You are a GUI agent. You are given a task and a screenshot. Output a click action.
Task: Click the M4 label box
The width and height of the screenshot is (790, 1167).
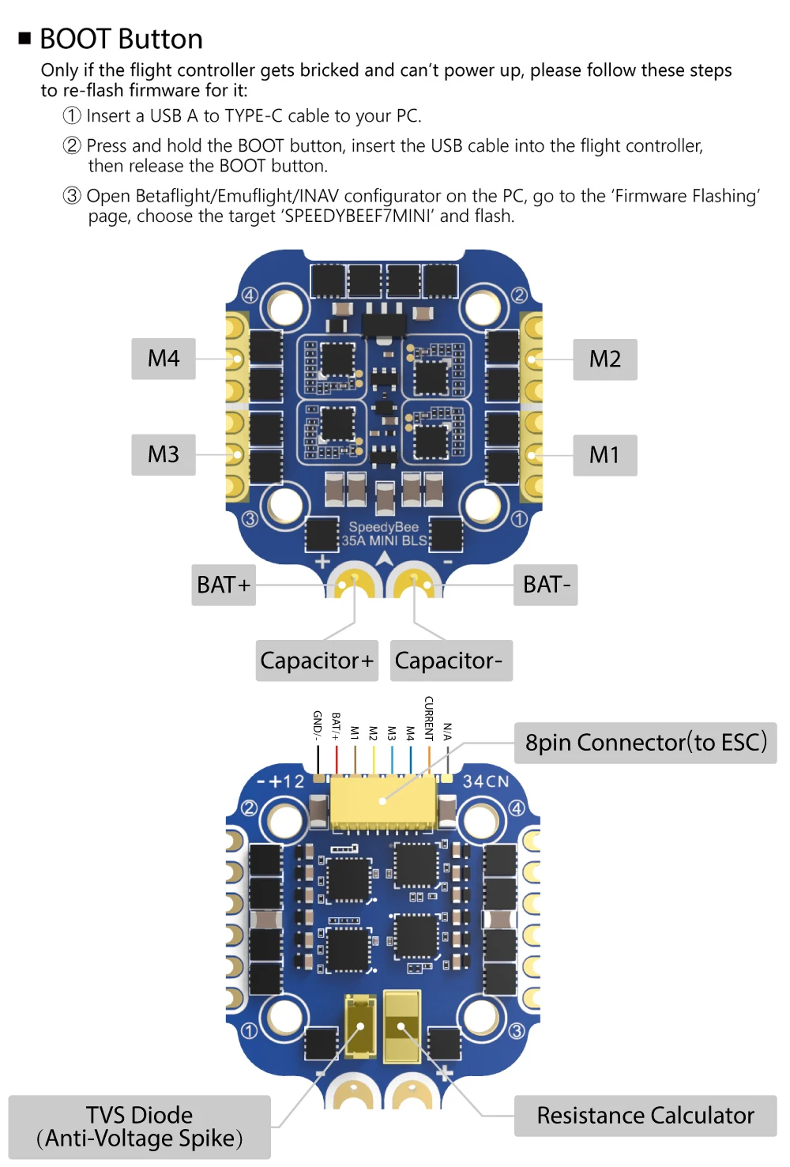164,359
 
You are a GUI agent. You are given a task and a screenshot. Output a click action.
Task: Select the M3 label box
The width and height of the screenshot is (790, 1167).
164,454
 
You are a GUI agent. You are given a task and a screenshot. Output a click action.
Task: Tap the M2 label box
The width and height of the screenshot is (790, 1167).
604,360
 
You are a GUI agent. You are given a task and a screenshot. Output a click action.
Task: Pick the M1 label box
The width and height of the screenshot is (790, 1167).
604,455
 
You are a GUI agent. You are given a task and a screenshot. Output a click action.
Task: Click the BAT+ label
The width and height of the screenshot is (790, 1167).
224,585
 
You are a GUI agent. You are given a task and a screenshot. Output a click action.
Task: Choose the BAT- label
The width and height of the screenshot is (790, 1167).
546,585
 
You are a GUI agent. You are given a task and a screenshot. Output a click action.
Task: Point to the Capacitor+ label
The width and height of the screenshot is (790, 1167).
317,661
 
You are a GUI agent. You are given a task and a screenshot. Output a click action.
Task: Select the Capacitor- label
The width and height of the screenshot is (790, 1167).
451,661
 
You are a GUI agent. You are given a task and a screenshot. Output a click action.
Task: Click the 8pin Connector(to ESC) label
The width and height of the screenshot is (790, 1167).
645,743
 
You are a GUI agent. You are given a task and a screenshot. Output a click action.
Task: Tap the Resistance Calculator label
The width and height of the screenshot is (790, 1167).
645,1116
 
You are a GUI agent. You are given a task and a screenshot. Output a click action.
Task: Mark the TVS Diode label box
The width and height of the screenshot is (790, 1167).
140,1127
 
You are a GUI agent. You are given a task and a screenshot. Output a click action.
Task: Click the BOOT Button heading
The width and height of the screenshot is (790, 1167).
121,39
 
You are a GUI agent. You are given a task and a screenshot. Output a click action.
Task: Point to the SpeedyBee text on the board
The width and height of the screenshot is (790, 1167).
384,527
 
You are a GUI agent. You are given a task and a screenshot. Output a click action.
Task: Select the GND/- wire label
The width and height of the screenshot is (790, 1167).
318,725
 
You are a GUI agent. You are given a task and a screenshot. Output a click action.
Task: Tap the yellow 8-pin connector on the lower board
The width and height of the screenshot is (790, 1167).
383,800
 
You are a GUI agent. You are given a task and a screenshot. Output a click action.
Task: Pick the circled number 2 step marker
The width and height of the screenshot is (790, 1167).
72,145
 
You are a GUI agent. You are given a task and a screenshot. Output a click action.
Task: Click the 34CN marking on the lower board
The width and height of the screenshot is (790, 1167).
486,781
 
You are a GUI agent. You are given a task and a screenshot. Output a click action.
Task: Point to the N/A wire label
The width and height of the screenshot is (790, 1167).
447,731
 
